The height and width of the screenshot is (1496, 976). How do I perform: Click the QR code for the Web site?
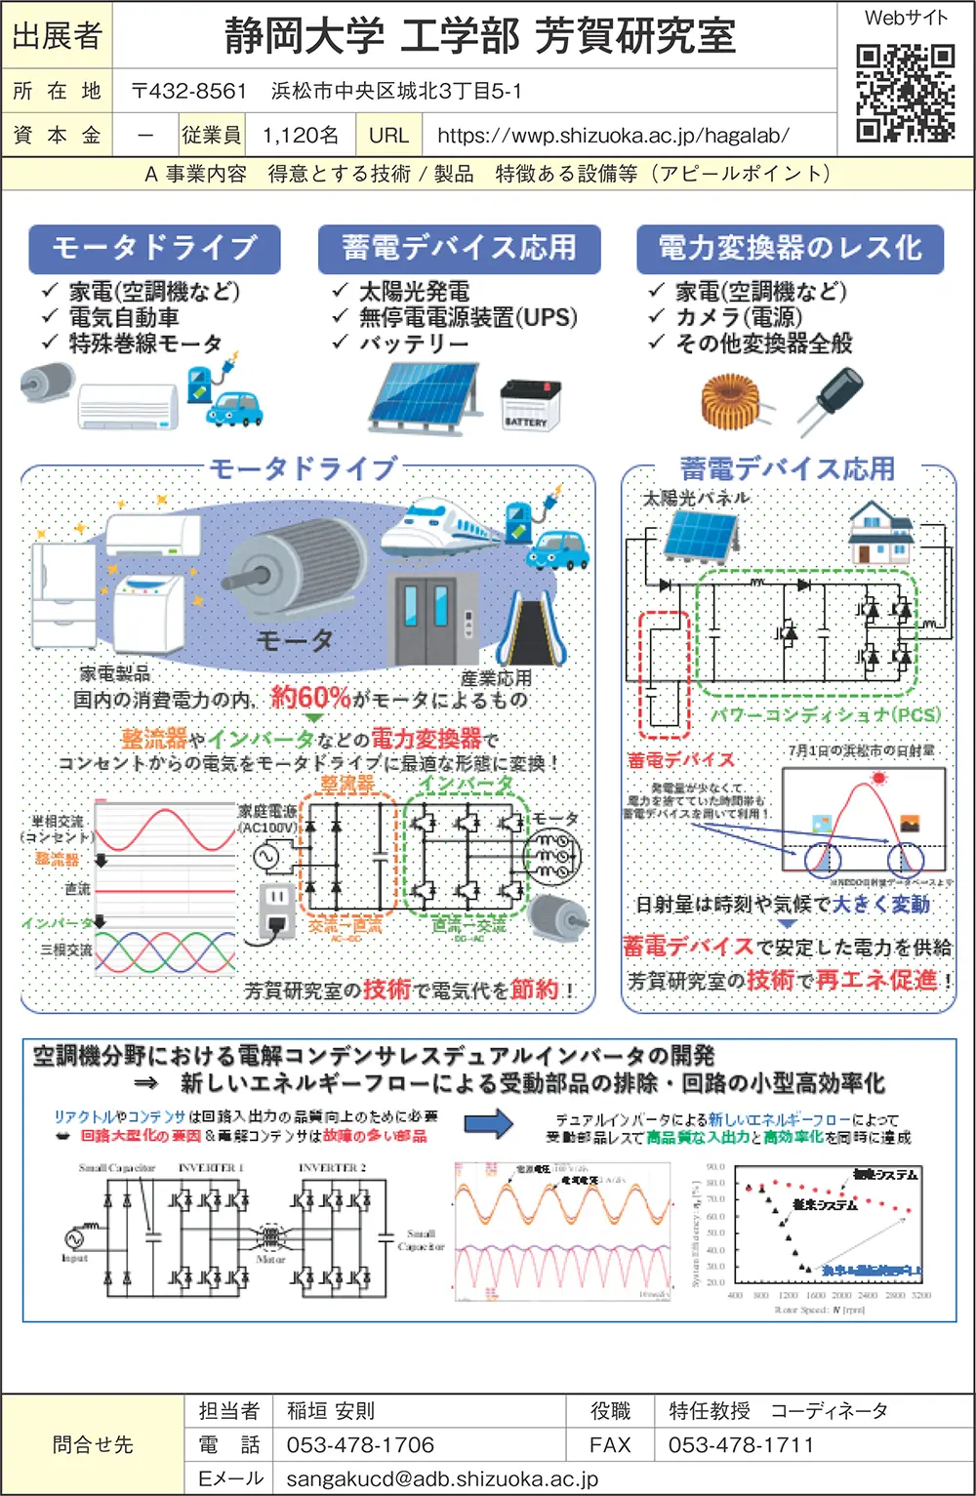[x=905, y=94]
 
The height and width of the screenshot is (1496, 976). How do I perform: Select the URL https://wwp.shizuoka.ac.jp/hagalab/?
[x=613, y=136]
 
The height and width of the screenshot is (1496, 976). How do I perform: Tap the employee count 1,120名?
[x=301, y=136]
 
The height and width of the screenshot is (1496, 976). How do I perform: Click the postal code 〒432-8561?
[x=189, y=92]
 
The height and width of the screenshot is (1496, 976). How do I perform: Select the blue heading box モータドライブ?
[x=154, y=248]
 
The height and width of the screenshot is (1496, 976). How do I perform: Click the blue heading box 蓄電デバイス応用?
[x=459, y=248]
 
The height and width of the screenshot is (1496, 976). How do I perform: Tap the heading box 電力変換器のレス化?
[x=790, y=248]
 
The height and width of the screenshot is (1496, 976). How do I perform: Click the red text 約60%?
[x=310, y=697]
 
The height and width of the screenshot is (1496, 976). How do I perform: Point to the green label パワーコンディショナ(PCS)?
[x=825, y=714]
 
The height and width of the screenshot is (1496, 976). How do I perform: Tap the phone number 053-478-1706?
[x=360, y=1444]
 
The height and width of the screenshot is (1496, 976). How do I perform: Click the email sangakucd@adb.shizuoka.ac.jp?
[x=442, y=1478]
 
